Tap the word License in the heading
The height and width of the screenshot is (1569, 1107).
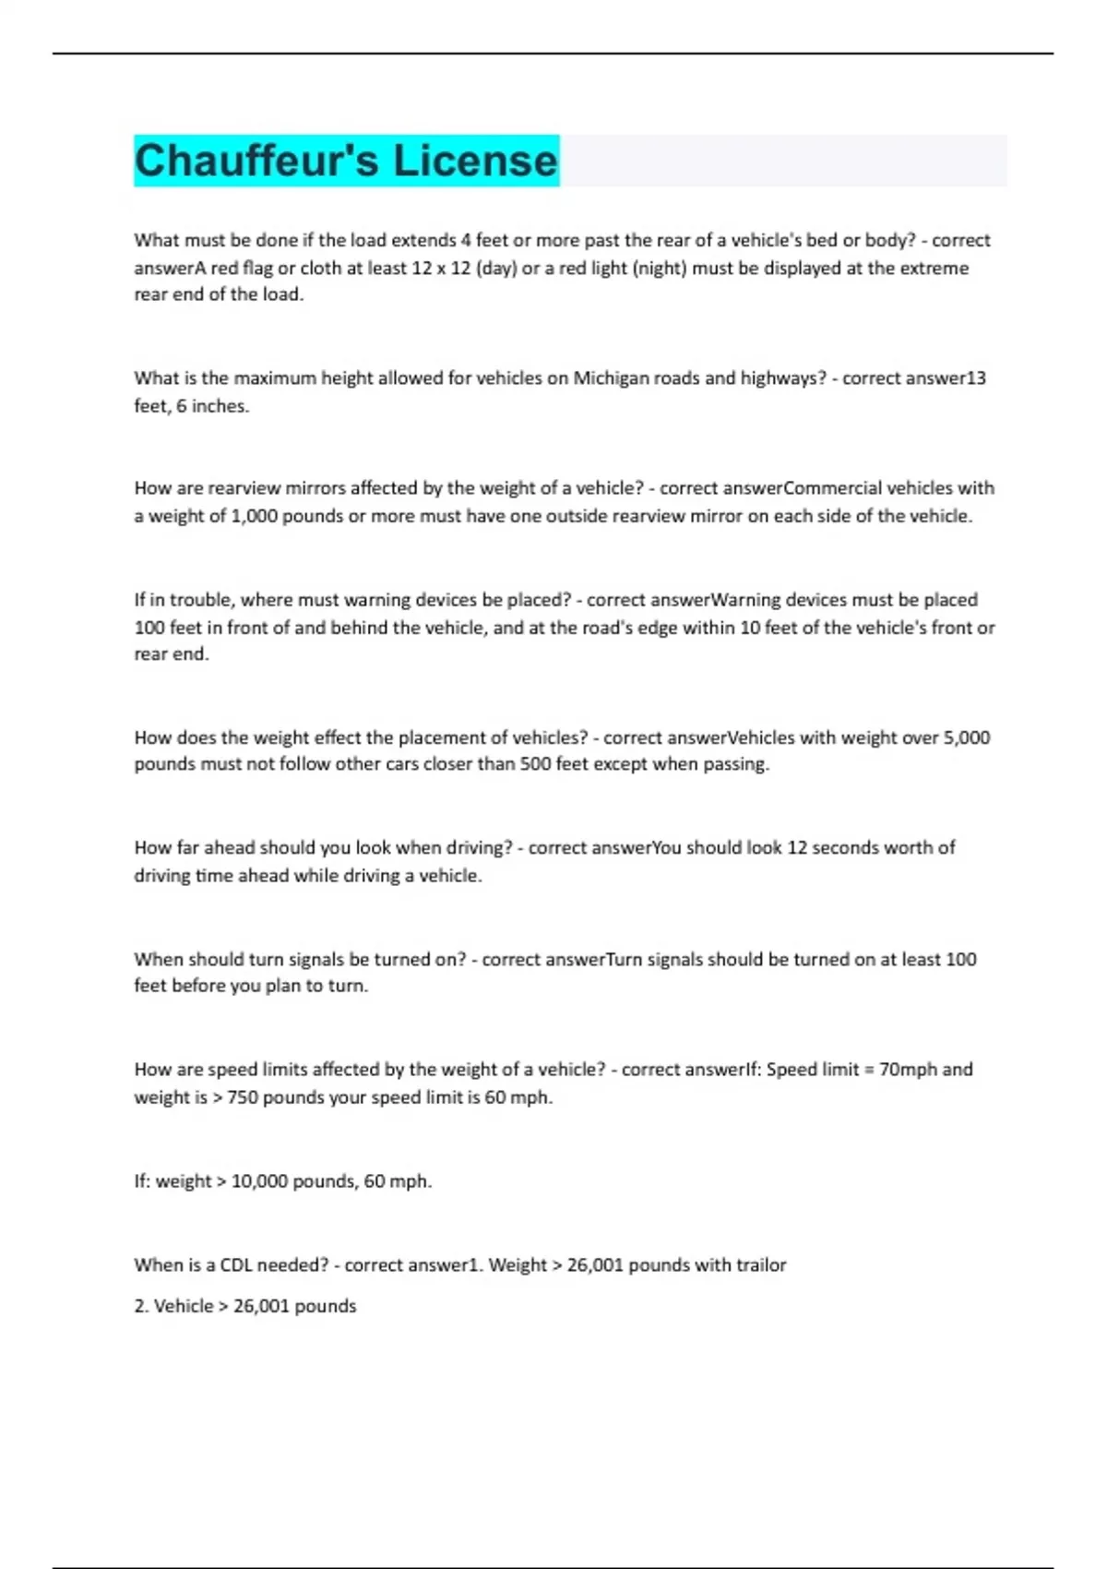pos(475,161)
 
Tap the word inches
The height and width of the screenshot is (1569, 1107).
pos(220,406)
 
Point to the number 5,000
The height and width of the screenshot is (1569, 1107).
pos(966,737)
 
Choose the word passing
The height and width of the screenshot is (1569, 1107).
pos(736,764)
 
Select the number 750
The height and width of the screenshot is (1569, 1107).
pos(243,1097)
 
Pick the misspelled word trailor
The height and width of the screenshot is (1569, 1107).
pos(761,1265)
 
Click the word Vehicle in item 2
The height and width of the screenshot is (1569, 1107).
pos(183,1306)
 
